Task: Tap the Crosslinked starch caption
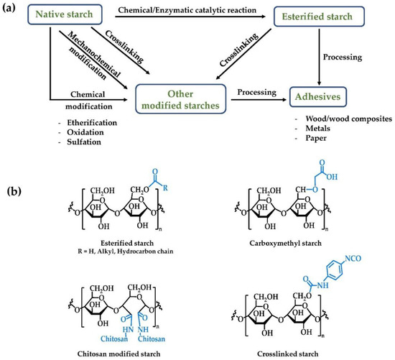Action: [290, 350]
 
